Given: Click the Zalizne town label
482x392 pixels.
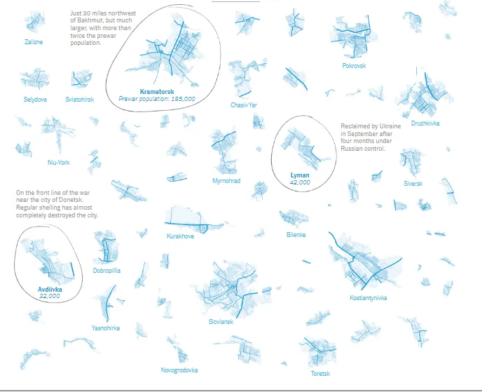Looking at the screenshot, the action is pyautogui.click(x=34, y=42).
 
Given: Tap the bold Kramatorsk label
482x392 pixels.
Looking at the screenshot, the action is pyautogui.click(x=157, y=91).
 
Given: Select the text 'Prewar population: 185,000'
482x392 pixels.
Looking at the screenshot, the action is pyautogui.click(x=157, y=99).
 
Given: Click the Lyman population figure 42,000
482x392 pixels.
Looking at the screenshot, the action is pyautogui.click(x=300, y=182).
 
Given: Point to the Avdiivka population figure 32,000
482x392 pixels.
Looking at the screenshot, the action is pyautogui.click(x=50, y=296).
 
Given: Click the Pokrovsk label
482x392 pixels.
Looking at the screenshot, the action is pyautogui.click(x=354, y=65).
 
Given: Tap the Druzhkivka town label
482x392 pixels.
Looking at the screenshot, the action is pyautogui.click(x=425, y=123).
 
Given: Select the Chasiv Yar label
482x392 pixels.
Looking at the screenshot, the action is pyautogui.click(x=244, y=105).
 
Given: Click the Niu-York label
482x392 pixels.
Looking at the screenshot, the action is pyautogui.click(x=59, y=163).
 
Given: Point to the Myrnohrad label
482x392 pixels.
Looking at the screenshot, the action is pyautogui.click(x=226, y=181).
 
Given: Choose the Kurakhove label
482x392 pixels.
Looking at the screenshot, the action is pyautogui.click(x=181, y=236).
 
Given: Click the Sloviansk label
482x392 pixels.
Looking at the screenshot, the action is pyautogui.click(x=221, y=322).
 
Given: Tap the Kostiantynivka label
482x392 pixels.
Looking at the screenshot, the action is pyautogui.click(x=369, y=297).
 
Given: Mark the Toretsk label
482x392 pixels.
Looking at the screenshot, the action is pyautogui.click(x=320, y=374).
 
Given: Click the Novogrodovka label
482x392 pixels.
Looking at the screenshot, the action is pyautogui.click(x=179, y=370).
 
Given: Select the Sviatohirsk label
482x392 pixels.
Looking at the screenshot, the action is pyautogui.click(x=80, y=100).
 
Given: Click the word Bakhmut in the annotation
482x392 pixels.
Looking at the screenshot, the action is pyautogui.click(x=89, y=20).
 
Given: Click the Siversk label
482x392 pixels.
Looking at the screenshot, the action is pyautogui.click(x=413, y=184).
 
